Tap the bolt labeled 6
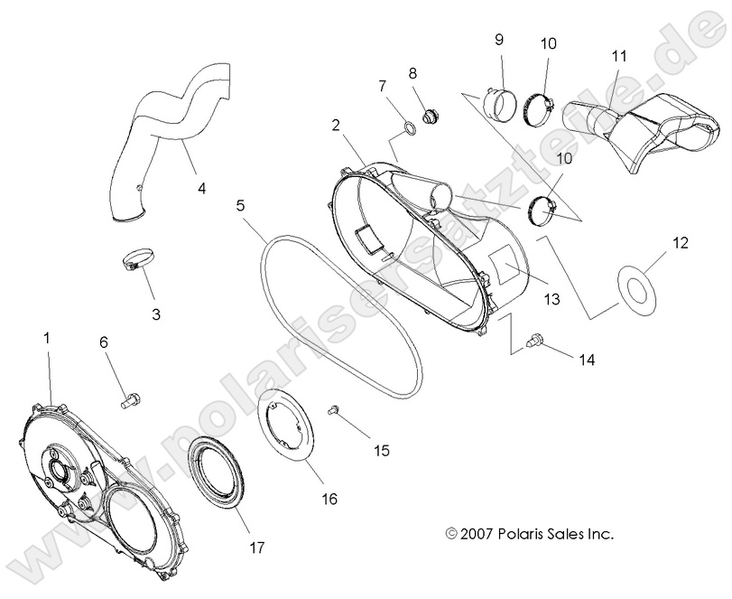tap(128, 395)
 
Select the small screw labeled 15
tap(334, 411)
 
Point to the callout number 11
tap(618, 56)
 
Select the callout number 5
tap(240, 205)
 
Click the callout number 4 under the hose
tap(202, 189)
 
